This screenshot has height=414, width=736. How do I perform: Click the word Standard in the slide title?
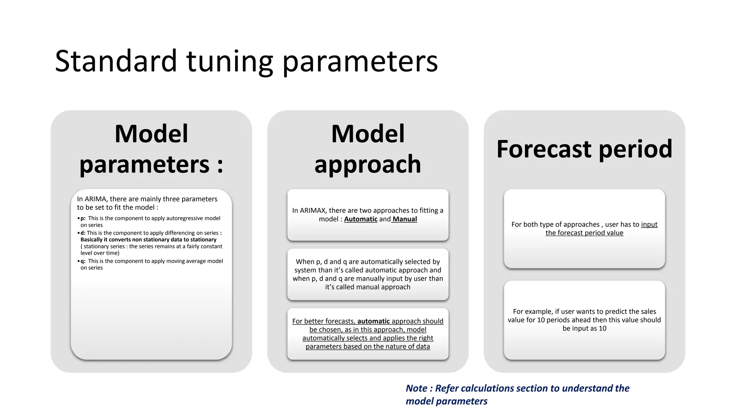[x=116, y=61]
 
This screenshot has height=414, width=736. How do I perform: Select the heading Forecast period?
[x=584, y=149]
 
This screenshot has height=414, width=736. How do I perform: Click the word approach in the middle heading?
[x=367, y=164]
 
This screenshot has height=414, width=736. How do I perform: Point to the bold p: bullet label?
[x=83, y=218]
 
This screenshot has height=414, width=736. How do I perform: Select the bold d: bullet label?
[x=83, y=233]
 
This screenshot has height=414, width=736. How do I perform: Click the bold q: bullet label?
[x=83, y=261]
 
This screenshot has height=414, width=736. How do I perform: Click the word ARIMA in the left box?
[x=96, y=199]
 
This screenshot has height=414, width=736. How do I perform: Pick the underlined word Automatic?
[x=360, y=219]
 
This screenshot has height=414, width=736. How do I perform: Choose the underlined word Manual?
[x=405, y=219]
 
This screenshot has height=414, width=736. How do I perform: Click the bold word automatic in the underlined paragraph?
[x=373, y=321]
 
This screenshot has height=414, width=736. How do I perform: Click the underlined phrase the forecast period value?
[x=584, y=233]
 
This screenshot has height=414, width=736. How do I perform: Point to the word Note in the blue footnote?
[x=416, y=388]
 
